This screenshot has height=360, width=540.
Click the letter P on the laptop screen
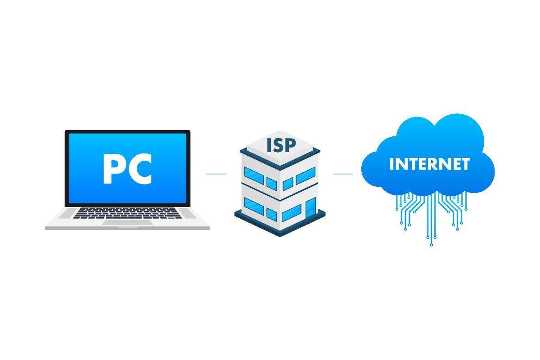pyautogui.click(x=111, y=169)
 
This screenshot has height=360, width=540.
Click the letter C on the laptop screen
pyautogui.click(x=139, y=169)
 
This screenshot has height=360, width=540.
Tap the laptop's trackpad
pyautogui.click(x=127, y=222)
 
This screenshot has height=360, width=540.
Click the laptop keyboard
pyautogui.click(x=127, y=214)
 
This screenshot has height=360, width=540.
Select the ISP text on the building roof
pyautogui.click(x=281, y=145)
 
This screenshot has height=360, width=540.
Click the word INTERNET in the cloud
pyautogui.click(x=430, y=164)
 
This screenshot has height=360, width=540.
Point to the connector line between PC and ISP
pyautogui.click(x=216, y=174)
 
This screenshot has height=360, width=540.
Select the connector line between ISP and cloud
pyautogui.click(x=343, y=174)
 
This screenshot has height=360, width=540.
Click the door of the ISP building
pyautogui.click(x=311, y=208)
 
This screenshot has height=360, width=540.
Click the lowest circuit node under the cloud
pyautogui.click(x=432, y=245)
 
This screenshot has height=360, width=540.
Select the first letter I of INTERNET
pyautogui.click(x=391, y=164)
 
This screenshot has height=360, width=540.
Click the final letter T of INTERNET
pyautogui.click(x=465, y=164)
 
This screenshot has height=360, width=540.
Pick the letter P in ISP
pyautogui.click(x=291, y=145)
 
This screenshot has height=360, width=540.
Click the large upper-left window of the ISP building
pyautogui.click(x=254, y=175)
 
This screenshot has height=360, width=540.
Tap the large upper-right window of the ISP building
pyautogui.click(x=306, y=175)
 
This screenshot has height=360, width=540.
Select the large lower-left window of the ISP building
pyautogui.click(x=254, y=207)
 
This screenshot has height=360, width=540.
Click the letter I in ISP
pyautogui.click(x=269, y=146)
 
